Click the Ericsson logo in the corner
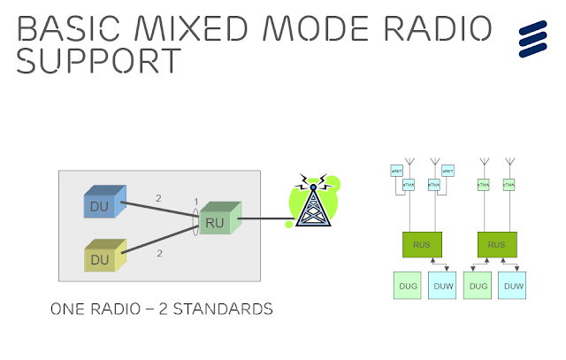533,39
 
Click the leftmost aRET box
397,171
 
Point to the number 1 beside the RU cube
195,202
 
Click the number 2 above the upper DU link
158,199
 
